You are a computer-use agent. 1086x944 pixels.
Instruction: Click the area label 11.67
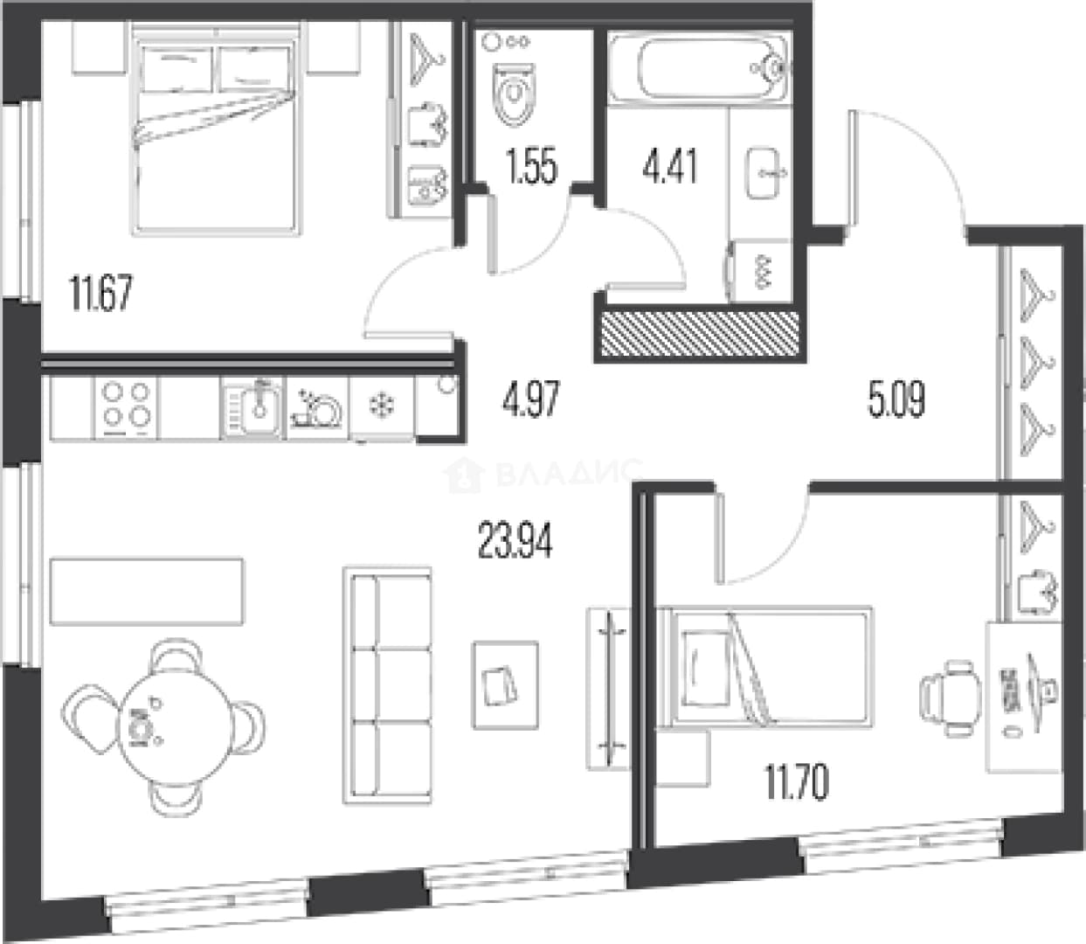100,293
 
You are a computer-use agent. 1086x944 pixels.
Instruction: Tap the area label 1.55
531,166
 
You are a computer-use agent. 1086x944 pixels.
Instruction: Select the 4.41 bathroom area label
670,166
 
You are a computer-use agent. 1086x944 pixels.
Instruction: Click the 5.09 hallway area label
896,399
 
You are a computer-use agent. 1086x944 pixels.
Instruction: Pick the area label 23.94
515,540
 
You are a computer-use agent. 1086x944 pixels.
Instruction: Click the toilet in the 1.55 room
513,94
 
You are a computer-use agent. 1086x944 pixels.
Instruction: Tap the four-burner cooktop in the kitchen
126,407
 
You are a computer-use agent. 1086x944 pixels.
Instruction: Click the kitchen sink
252,408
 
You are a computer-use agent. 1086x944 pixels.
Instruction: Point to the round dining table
175,728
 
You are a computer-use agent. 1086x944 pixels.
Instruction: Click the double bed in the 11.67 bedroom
216,133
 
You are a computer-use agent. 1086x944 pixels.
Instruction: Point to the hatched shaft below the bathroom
700,333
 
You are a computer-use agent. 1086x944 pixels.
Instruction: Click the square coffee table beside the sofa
505,685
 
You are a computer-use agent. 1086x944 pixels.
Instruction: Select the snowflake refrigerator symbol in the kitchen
382,406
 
